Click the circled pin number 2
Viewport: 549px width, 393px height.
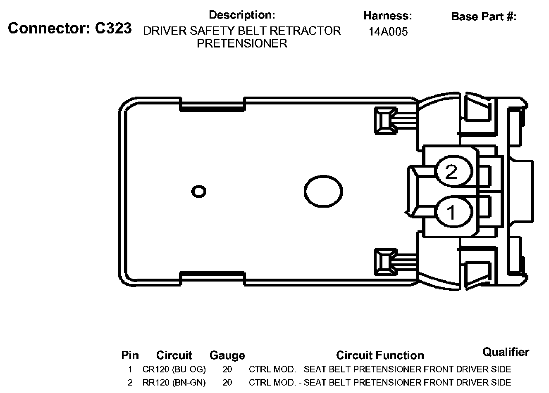click(454, 171)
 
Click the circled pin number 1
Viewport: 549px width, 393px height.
click(454, 212)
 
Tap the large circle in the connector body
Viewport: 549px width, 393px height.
click(323, 192)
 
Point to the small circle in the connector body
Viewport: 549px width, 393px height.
click(198, 192)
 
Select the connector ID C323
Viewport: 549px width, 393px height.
click(113, 28)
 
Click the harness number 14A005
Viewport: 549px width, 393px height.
click(388, 32)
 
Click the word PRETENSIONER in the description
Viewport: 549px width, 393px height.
click(242, 44)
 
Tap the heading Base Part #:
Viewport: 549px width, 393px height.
click(484, 17)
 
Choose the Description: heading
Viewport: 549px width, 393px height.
click(242, 15)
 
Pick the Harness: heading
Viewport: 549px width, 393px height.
click(388, 16)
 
